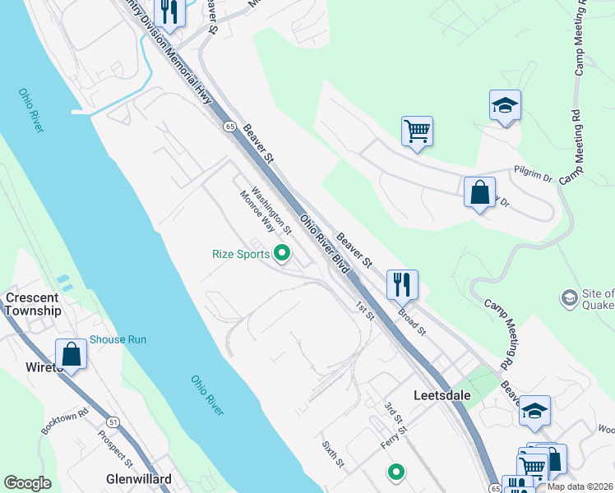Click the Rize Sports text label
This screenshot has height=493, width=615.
coord(242,254)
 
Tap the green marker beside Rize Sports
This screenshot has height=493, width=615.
coord(283,253)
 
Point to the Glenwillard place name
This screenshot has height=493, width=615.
coord(138,479)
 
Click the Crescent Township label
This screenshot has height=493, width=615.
coord(33,304)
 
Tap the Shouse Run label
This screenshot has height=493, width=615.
coord(118,339)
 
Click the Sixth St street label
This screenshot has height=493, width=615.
coord(333,454)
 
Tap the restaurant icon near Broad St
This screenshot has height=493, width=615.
coord(402,284)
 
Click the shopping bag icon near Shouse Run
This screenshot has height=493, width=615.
coord(72,354)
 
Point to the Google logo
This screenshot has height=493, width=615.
coord(28,483)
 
